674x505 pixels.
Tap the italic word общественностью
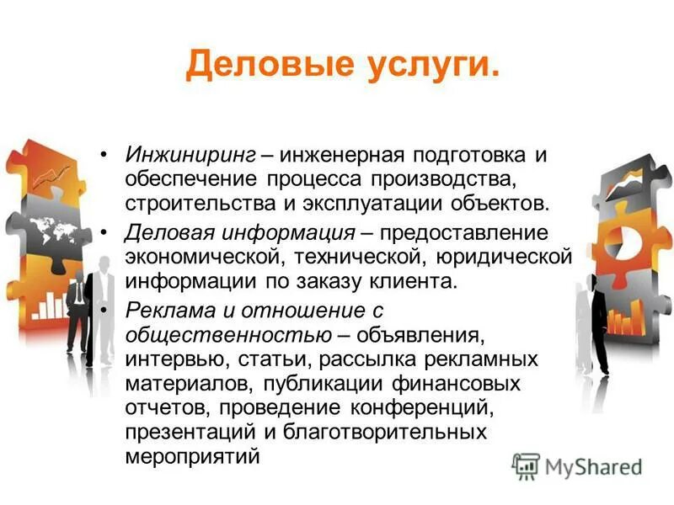(x=227, y=335)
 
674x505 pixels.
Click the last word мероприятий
(x=192, y=457)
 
